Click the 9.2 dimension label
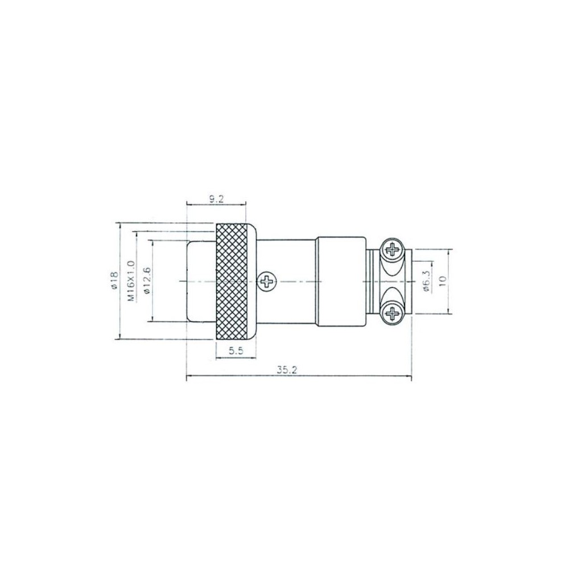tap(216, 199)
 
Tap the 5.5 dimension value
tap(236, 351)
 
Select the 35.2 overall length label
tap(287, 370)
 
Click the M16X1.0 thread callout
tap(131, 281)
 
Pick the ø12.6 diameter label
tap(147, 280)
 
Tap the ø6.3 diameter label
tap(426, 281)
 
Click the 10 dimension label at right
tap(442, 281)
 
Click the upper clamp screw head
tap(392, 249)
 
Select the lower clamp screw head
tap(392, 312)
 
